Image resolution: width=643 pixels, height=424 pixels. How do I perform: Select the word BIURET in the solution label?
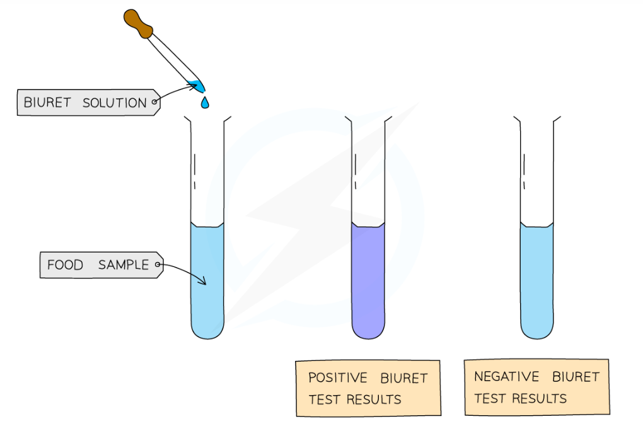click(x=47, y=103)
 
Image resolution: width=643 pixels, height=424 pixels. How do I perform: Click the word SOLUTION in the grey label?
click(x=114, y=103)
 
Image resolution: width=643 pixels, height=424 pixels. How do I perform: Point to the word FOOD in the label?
click(x=65, y=265)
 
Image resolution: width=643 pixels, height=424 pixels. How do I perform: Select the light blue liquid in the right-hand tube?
click(x=537, y=277)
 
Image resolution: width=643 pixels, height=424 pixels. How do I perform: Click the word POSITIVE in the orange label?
click(x=337, y=379)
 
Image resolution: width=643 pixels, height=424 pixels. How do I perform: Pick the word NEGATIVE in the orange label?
click(x=506, y=377)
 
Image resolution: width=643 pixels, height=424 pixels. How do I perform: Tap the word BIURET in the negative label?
click(x=576, y=377)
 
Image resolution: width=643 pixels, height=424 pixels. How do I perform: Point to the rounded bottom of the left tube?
click(x=207, y=330)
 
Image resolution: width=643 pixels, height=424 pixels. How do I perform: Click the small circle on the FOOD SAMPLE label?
click(x=157, y=265)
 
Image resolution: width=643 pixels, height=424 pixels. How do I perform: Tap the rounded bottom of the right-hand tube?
click(x=537, y=330)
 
